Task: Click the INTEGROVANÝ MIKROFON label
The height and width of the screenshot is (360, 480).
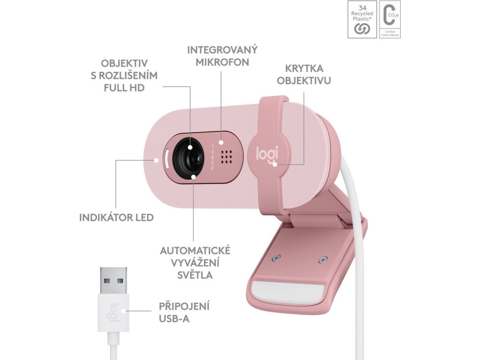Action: (222, 56)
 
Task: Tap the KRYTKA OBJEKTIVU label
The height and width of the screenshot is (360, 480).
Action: (304, 74)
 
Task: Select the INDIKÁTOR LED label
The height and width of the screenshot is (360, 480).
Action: (117, 217)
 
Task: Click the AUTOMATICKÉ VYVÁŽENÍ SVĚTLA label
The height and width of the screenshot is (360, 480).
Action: (195, 262)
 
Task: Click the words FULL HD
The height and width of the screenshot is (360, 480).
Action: (124, 88)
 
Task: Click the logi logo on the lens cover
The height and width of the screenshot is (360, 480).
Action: (267, 154)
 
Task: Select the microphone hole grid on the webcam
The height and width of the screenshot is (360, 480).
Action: (226, 157)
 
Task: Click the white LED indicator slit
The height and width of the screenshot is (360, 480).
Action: (166, 159)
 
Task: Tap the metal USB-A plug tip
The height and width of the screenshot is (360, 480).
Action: (113, 280)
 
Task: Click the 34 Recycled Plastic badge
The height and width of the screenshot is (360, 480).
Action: (361, 19)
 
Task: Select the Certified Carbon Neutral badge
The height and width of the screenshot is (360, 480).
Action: (390, 19)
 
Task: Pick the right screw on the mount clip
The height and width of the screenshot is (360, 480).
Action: (322, 259)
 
